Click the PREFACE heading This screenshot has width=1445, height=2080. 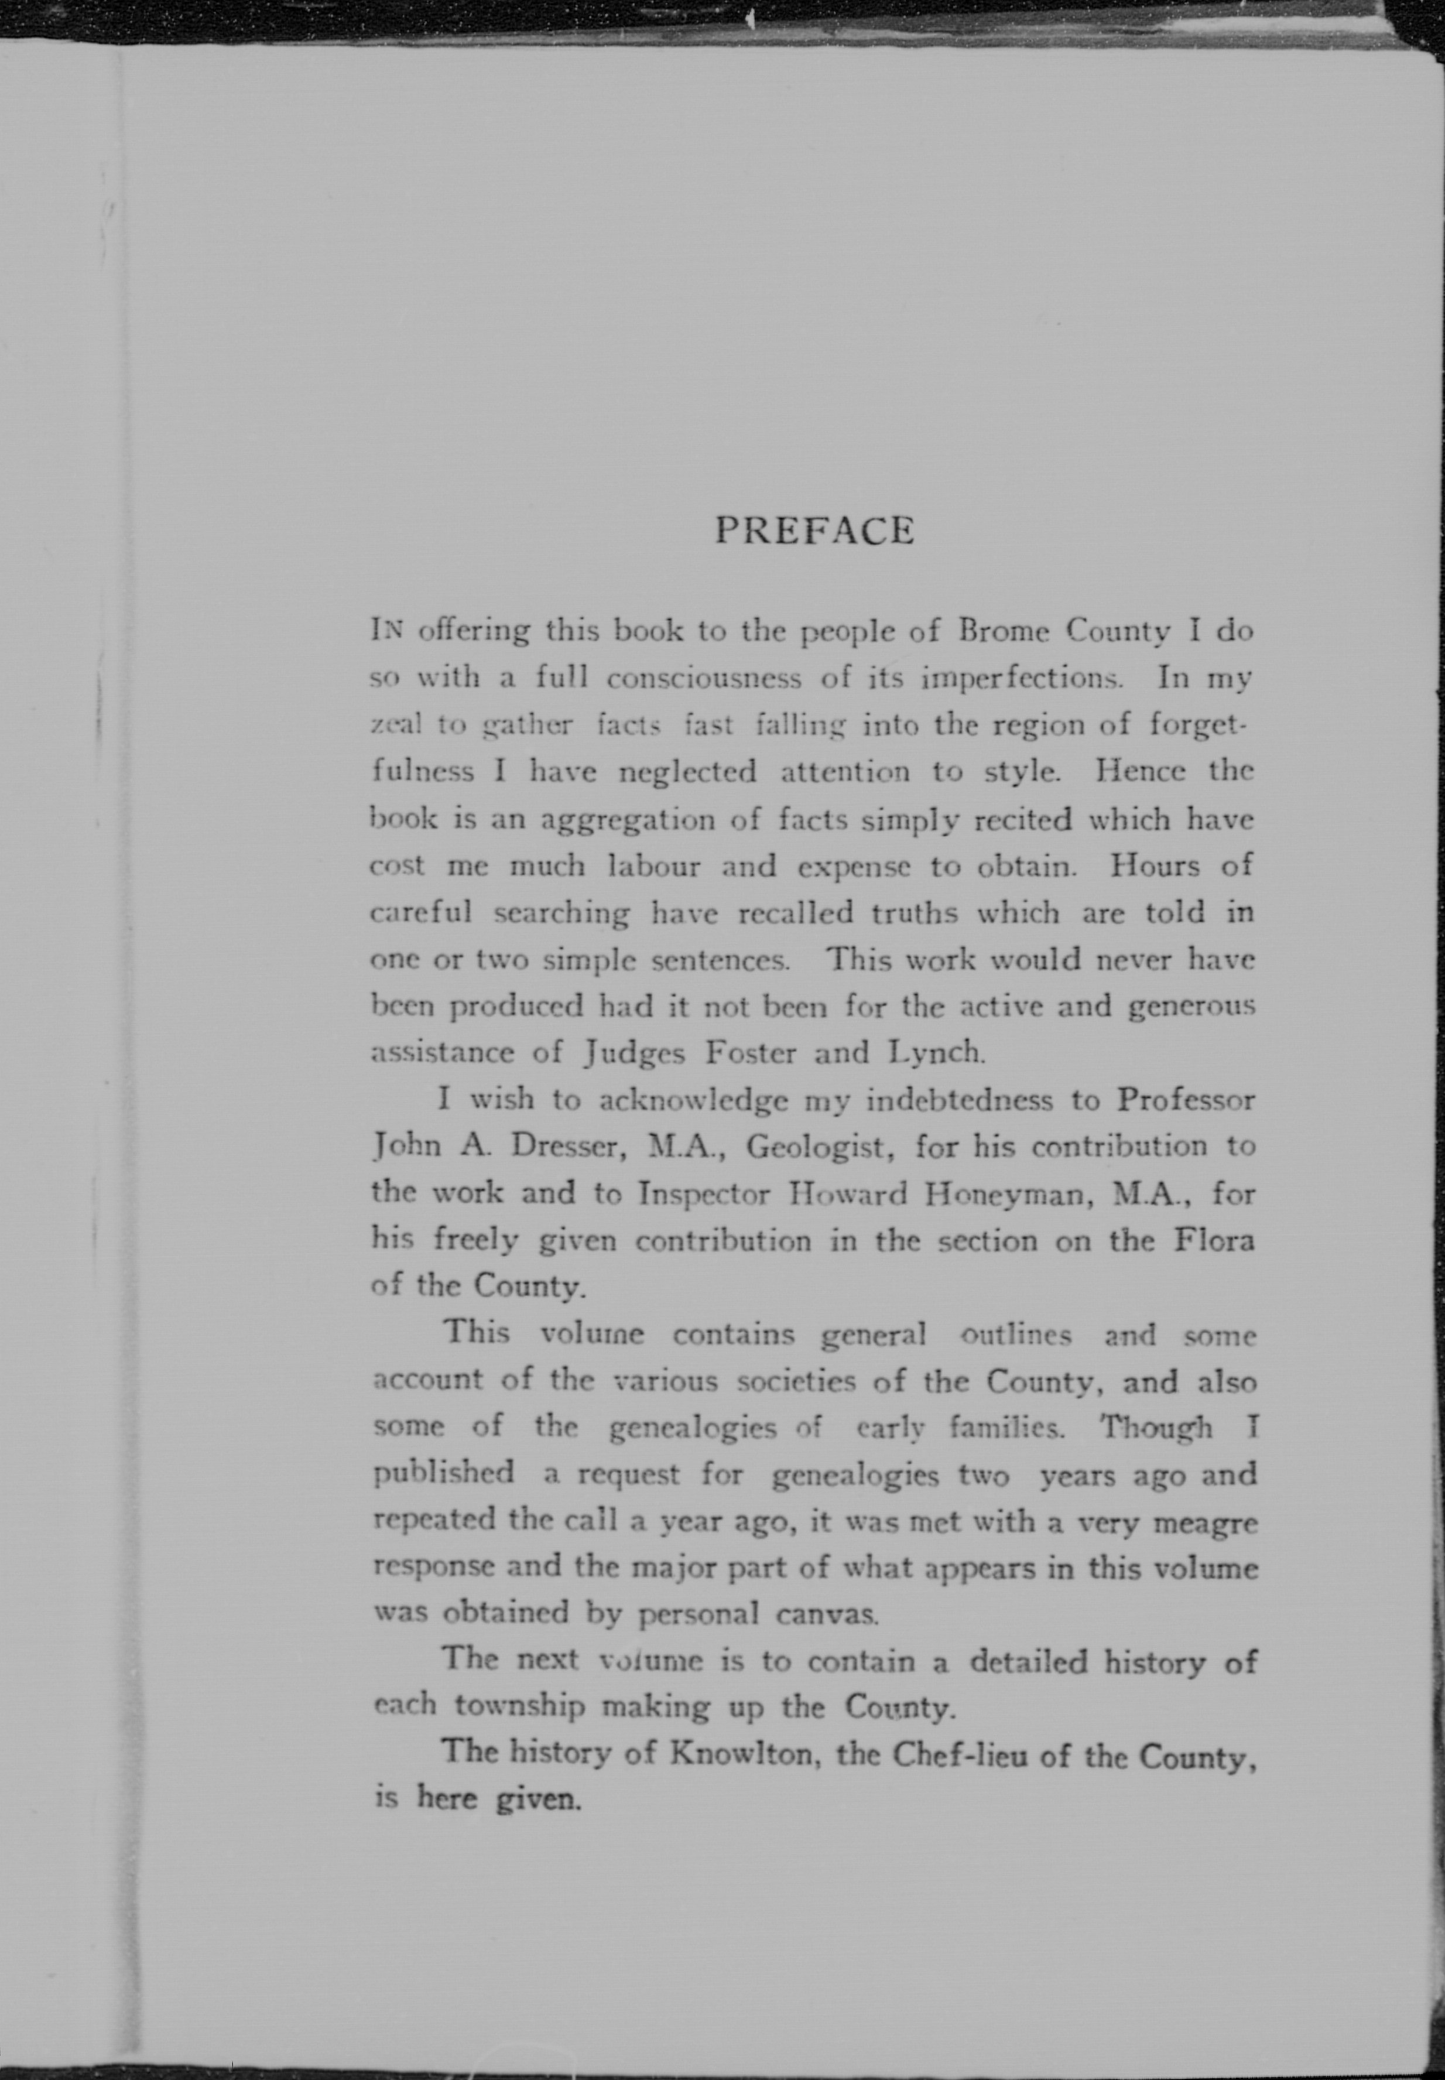pyautogui.click(x=814, y=531)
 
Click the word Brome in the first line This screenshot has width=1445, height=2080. pyautogui.click(x=1003, y=630)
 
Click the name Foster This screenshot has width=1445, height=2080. pyautogui.click(x=751, y=1052)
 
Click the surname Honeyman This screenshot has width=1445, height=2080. pyautogui.click(x=1005, y=1193)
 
